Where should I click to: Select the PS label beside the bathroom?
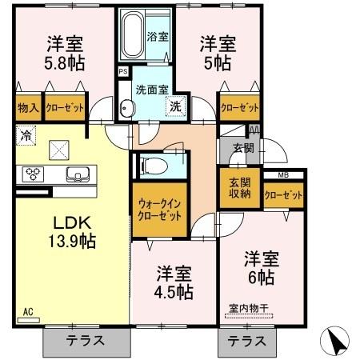pos(123,71)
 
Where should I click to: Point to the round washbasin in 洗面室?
pos(127,110)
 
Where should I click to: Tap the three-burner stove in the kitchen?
pos(34,174)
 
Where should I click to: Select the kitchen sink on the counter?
pos(79,174)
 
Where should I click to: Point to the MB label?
pos(283,174)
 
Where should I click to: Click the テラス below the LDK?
pos(85,340)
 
